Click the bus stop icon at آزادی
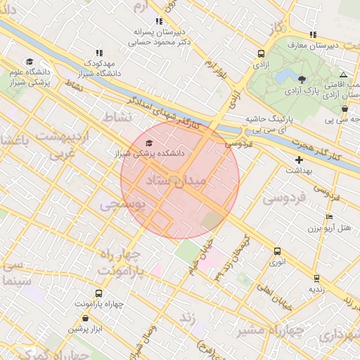(262, 53)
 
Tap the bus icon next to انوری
(277, 251)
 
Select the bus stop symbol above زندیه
(316, 278)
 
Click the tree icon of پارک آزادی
(302, 79)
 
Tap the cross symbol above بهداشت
(300, 160)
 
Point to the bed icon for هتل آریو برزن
(329, 217)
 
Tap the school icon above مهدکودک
(98, 53)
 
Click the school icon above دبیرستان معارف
(312, 35)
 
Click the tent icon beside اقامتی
(343, 75)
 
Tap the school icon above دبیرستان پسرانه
(159, 22)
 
